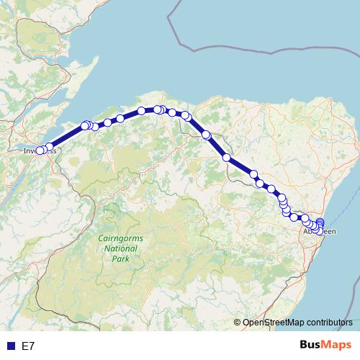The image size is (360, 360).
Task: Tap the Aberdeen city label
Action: click(x=318, y=232)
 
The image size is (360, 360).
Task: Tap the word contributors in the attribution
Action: click(x=329, y=323)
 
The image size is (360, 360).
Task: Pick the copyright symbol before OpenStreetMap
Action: click(x=238, y=323)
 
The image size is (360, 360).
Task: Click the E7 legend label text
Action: click(x=28, y=346)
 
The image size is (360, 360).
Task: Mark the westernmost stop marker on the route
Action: click(x=40, y=150)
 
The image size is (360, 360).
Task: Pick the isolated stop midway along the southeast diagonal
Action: click(x=226, y=157)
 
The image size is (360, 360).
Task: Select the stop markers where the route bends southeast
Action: click(x=185, y=115)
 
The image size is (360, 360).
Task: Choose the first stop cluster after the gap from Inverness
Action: click(x=86, y=125)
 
